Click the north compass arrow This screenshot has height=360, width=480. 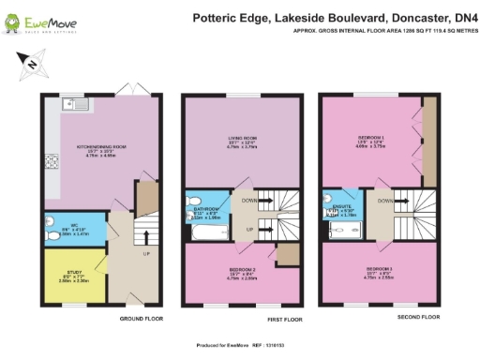[29, 64]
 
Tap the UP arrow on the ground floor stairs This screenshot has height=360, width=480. [146, 253]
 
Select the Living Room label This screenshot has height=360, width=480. [242, 141]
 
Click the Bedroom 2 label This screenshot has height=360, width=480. [242, 269]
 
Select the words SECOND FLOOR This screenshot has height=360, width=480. [417, 317]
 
